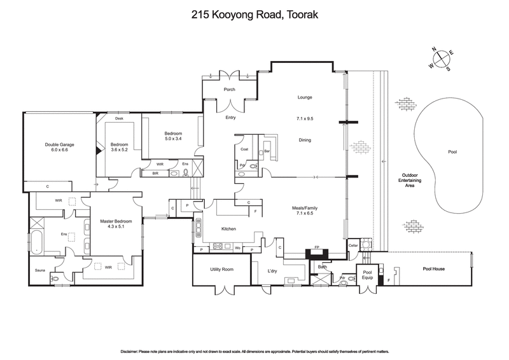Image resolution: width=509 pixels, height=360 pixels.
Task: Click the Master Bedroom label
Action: click(115, 221)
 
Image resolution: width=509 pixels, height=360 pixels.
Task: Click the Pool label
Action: click(452, 153)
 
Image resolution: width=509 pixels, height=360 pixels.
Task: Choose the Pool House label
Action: click(434, 269)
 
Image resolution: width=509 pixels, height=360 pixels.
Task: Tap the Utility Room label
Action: click(222, 270)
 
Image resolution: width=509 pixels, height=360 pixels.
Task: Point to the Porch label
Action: click(230, 90)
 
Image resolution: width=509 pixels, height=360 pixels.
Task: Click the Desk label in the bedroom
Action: click(119, 118)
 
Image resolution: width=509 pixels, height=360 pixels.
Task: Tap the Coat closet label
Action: click(244, 149)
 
